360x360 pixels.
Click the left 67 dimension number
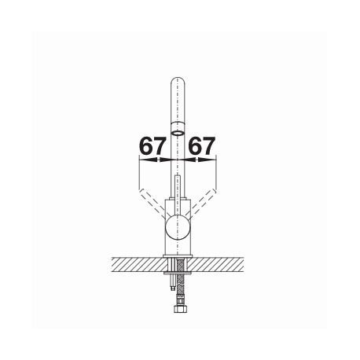click(152, 145)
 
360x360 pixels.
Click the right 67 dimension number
click(202, 145)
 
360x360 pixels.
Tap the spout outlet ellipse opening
click(178, 133)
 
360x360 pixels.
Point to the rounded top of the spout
click(178, 81)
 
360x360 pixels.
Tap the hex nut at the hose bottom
click(181, 309)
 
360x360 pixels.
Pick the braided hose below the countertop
click(181, 281)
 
